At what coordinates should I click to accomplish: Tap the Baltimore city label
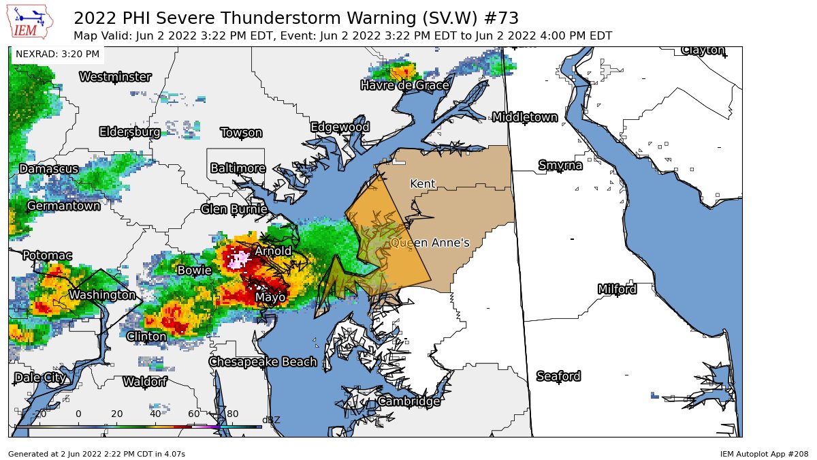(x=238, y=168)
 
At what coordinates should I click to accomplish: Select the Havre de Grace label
(x=404, y=85)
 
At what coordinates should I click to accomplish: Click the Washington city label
(x=102, y=295)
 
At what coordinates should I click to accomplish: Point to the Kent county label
(x=422, y=184)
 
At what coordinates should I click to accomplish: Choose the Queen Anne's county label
(x=430, y=243)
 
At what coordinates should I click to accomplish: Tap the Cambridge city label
(x=408, y=401)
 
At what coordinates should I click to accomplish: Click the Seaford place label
(x=558, y=376)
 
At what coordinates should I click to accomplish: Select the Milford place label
(x=617, y=290)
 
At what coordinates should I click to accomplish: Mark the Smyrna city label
(x=560, y=166)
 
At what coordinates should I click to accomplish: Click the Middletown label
(x=525, y=117)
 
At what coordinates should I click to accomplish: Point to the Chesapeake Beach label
(x=263, y=362)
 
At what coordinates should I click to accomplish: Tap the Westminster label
(x=115, y=77)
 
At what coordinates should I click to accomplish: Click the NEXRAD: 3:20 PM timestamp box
(x=57, y=54)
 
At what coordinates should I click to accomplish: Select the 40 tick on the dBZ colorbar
(x=155, y=414)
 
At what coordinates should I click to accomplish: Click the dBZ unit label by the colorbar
(x=271, y=420)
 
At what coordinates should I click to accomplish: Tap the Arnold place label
(x=273, y=251)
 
